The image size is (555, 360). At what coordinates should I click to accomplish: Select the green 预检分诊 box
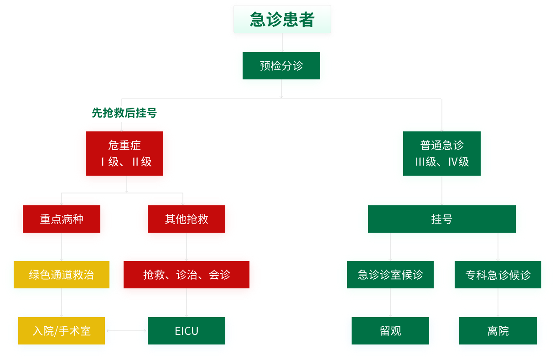(281, 66)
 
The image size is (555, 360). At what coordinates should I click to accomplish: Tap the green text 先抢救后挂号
(124, 113)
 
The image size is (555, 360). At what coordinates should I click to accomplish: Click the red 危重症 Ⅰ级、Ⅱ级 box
(124, 154)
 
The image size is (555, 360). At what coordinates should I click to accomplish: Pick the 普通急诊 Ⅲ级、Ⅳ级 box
(441, 154)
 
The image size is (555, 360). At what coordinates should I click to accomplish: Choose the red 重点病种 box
(62, 219)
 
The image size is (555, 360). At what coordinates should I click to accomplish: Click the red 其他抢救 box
(187, 219)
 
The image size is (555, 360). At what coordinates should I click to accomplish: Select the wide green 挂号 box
(441, 219)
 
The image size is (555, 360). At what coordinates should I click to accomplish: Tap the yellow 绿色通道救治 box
(62, 275)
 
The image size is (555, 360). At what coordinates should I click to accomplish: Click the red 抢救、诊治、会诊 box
(187, 275)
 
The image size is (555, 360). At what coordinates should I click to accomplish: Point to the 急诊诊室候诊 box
(390, 275)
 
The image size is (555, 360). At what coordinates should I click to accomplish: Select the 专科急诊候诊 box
(498, 275)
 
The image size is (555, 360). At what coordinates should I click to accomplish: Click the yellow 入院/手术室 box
(62, 331)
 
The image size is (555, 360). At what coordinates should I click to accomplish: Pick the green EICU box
(187, 331)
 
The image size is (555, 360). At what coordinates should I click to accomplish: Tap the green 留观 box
(390, 331)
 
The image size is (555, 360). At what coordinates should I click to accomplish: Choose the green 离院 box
(498, 331)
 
